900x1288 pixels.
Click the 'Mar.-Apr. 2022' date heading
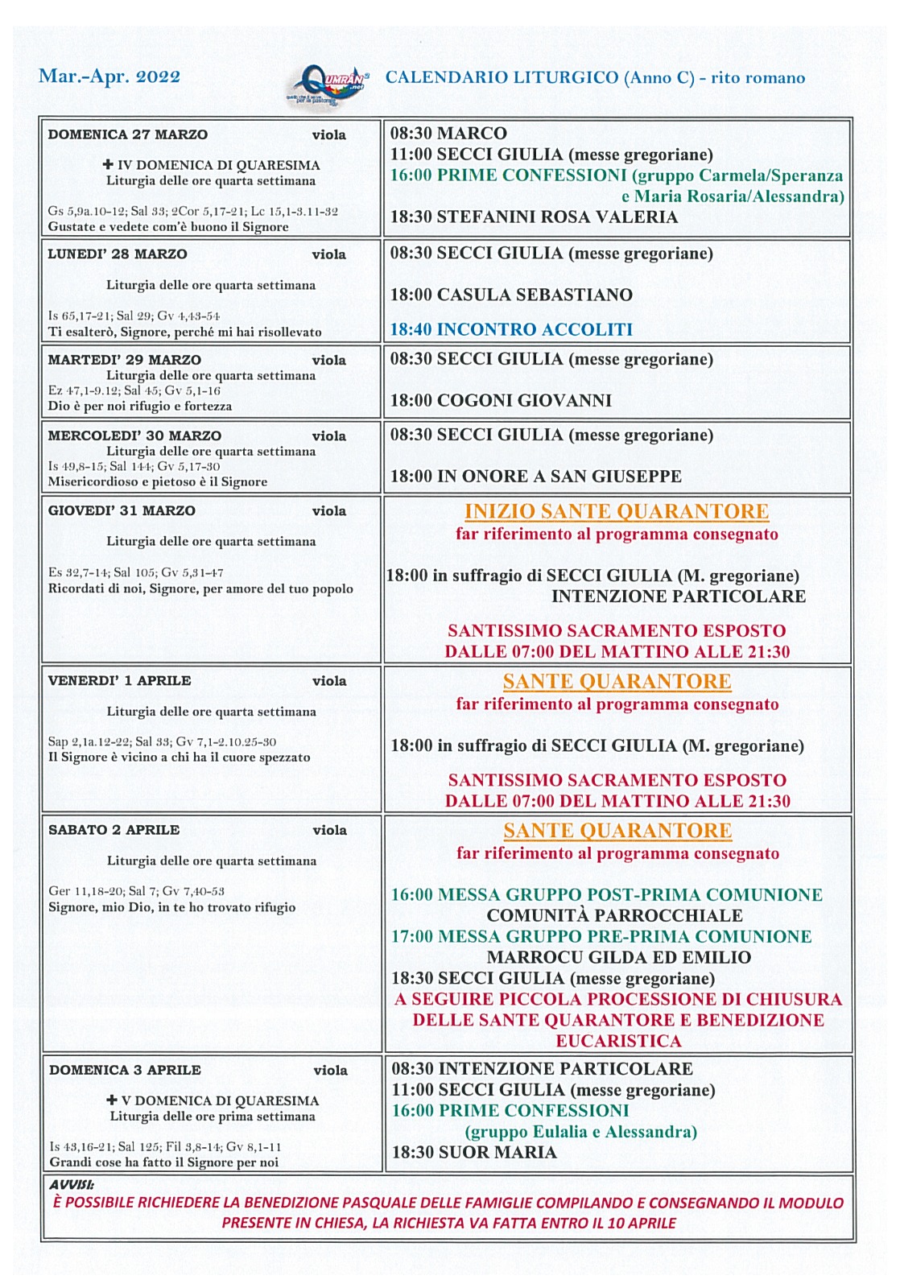click(x=109, y=76)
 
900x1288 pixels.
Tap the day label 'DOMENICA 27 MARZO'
click(x=127, y=134)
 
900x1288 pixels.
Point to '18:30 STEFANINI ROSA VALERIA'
click(x=534, y=217)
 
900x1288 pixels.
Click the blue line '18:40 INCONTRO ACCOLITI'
click(x=511, y=329)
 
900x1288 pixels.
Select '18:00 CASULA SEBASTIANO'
click(x=511, y=295)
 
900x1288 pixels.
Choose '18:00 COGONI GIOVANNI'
click(x=501, y=400)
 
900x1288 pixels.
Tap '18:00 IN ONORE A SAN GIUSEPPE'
click(x=535, y=476)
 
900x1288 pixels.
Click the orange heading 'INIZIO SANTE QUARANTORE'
click(x=617, y=511)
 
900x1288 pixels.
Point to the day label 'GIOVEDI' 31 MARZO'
click(x=122, y=510)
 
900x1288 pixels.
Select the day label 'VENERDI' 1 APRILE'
click(x=119, y=680)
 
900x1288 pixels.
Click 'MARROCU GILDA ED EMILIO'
click(x=618, y=957)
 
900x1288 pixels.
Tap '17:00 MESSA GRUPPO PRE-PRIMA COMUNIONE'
click(x=601, y=936)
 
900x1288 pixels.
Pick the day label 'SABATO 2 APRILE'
click(x=114, y=830)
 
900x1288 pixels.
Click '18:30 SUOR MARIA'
click(x=474, y=1152)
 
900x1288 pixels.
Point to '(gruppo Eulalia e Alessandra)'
click(x=580, y=1131)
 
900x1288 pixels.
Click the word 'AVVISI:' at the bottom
click(x=72, y=1185)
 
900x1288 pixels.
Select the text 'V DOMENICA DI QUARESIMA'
click(x=220, y=1100)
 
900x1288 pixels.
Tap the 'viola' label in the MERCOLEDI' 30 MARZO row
click(x=329, y=436)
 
